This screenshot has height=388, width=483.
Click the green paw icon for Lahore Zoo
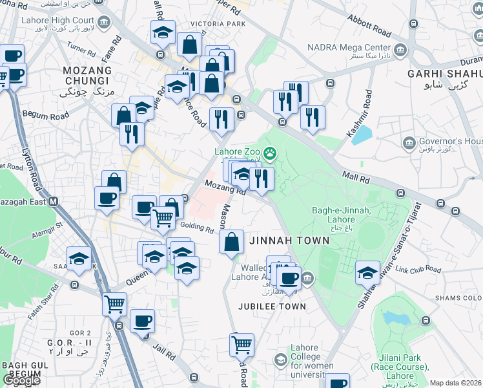pyautogui.click(x=270, y=153)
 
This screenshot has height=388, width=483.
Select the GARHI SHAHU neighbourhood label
pyautogui.click(x=444, y=74)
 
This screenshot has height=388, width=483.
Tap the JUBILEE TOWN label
pyautogui.click(x=271, y=307)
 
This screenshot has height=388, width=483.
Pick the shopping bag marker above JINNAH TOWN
pyautogui.click(x=231, y=242)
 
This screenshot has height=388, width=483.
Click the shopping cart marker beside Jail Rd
pyautogui.click(x=241, y=345)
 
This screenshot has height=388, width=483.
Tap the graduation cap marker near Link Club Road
pyautogui.click(x=367, y=272)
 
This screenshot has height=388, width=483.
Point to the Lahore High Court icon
pyautogui.click(x=104, y=21)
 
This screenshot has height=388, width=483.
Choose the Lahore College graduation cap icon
pyautogui.click(x=280, y=360)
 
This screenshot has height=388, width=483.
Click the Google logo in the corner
pyautogui.click(x=21, y=380)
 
